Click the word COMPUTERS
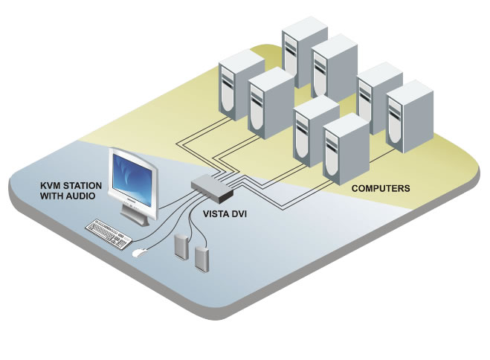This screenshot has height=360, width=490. (379, 189)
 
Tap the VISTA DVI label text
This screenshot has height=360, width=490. (226, 212)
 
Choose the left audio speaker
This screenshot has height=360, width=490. (181, 245)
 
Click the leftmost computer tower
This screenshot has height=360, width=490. (236, 83)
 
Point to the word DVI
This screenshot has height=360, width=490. (243, 212)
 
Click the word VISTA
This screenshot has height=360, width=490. (217, 212)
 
